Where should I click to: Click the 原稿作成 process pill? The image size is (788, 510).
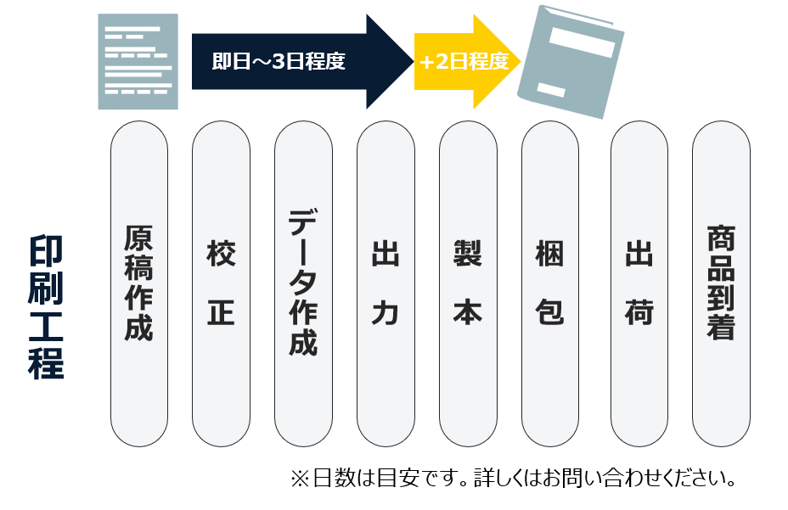[139, 283]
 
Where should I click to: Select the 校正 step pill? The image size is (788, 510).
[221, 283]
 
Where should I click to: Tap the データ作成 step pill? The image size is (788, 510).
[303, 283]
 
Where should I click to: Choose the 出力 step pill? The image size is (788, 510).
[386, 283]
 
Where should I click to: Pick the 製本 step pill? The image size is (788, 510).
[468, 283]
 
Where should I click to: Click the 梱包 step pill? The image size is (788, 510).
[550, 283]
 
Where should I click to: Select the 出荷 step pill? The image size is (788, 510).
[639, 283]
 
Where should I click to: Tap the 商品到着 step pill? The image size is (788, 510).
[721, 283]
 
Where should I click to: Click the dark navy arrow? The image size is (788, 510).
[302, 61]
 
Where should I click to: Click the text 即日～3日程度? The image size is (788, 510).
[279, 61]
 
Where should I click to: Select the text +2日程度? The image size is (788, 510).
[464, 61]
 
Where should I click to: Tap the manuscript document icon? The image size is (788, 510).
[138, 61]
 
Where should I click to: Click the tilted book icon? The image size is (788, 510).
[571, 63]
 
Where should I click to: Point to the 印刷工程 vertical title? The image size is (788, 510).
[46, 307]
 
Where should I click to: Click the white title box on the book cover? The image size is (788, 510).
[583, 42]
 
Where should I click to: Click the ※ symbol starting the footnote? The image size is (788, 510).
[300, 478]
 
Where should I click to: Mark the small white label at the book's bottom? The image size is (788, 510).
[551, 90]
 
